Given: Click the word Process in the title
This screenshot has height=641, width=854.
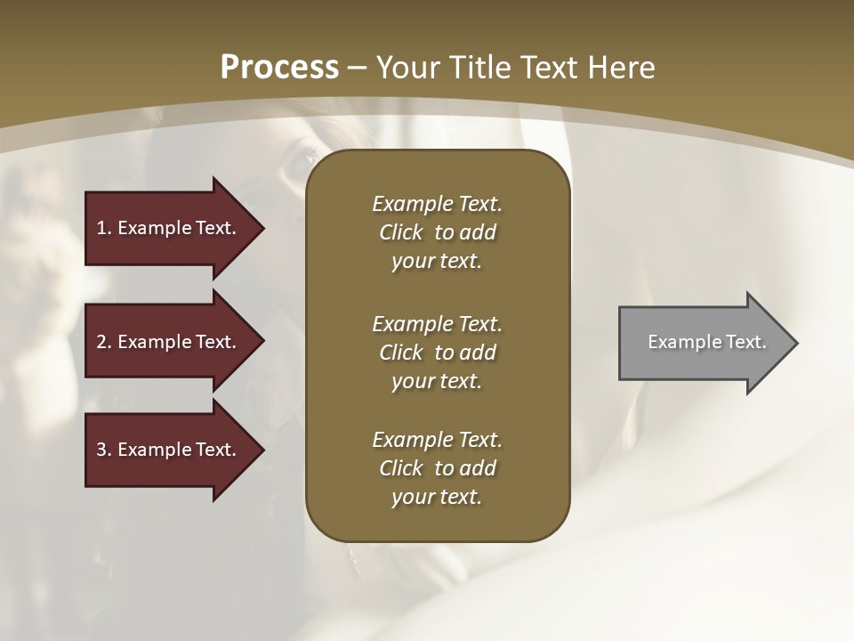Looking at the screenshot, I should (x=279, y=68).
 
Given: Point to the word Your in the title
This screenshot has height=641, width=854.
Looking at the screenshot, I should (x=409, y=68).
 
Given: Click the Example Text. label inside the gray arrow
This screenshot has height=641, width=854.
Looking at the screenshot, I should (x=706, y=342).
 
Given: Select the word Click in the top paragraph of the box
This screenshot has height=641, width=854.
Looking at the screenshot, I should (x=401, y=232).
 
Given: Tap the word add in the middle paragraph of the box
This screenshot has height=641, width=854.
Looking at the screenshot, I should (x=478, y=352).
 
